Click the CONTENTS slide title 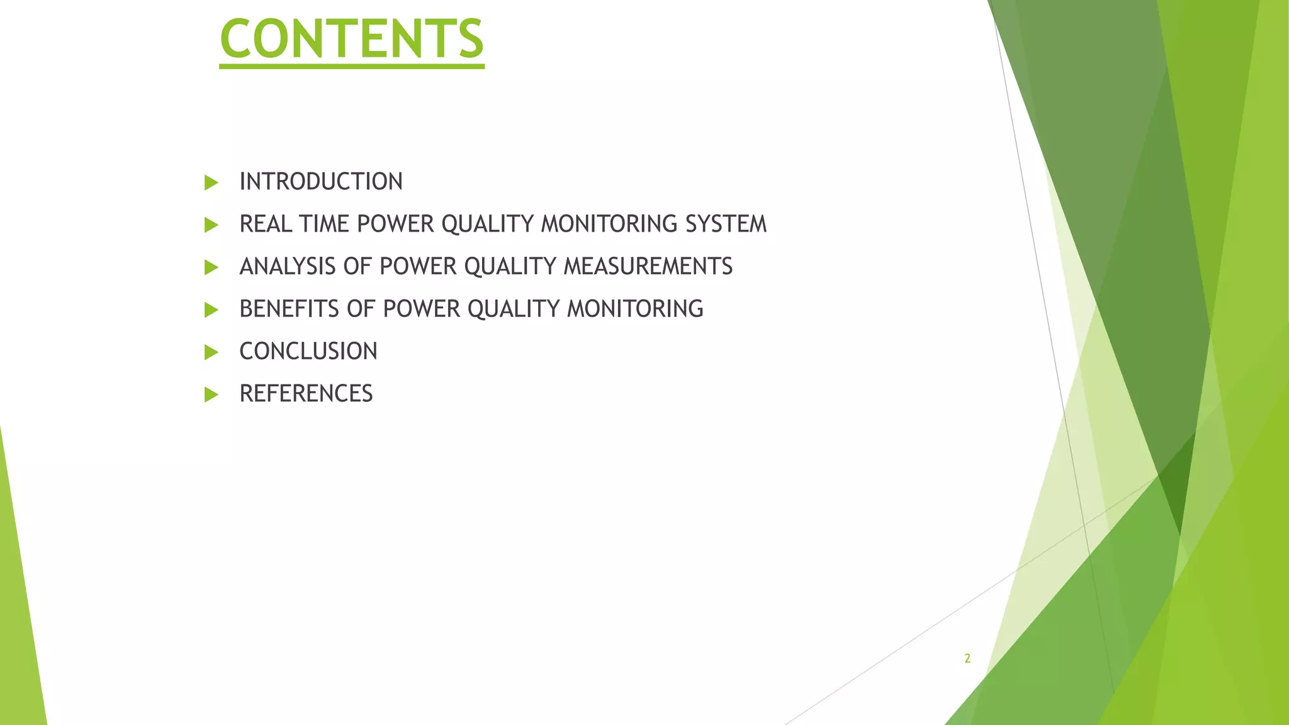click(352, 39)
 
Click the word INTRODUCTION click(320, 182)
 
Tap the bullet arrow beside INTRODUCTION click(211, 183)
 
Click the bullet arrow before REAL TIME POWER click(211, 225)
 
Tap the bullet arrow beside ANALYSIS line click(211, 268)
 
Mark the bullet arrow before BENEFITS click(211, 310)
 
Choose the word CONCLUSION click(308, 351)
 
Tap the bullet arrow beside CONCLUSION click(211, 352)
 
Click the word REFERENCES click(306, 394)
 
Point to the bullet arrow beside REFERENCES click(211, 395)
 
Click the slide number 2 click(967, 659)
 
